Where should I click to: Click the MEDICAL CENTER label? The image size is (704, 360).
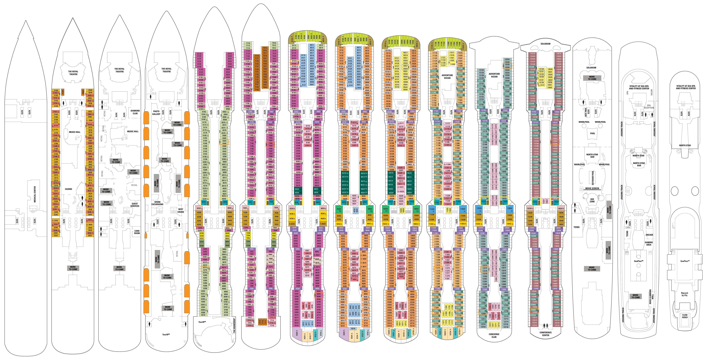coord(35,194)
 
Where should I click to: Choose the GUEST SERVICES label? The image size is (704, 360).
coord(135,205)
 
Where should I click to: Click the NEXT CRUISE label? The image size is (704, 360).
coord(181,210)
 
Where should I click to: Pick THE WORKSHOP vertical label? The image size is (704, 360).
coord(234,325)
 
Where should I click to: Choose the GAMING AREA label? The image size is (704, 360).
coord(649,244)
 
